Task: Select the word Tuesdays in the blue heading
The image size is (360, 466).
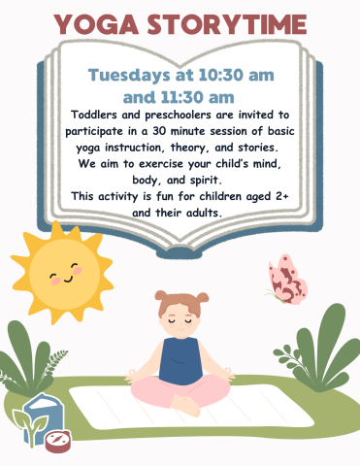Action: [131, 75]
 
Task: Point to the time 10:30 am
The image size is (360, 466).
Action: [225, 75]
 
